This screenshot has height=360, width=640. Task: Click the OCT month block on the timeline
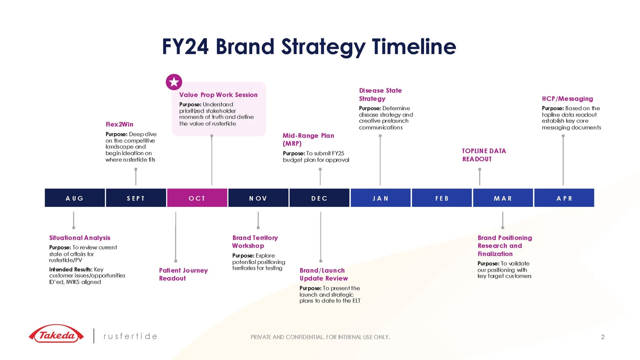(x=197, y=198)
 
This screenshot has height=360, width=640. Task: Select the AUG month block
(x=75, y=198)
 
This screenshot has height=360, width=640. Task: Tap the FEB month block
(x=442, y=198)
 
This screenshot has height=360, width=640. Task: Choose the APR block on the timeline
(x=564, y=198)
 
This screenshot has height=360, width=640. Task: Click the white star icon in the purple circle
(x=174, y=82)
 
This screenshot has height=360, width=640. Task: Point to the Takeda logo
(x=56, y=335)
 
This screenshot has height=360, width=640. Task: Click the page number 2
(x=602, y=337)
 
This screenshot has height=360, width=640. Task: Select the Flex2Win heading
(x=119, y=125)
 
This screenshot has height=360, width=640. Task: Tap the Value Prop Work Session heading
(x=218, y=95)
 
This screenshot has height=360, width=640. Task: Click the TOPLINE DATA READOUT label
(x=484, y=155)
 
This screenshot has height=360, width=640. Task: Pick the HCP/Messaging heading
(x=567, y=99)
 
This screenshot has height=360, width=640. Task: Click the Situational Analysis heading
(x=80, y=238)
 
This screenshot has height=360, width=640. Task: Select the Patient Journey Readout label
(x=183, y=274)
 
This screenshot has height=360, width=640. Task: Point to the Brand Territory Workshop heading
(x=255, y=241)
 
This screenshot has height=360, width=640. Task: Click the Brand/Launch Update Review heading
(x=323, y=274)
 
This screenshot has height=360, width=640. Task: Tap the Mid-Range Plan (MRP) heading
(x=308, y=139)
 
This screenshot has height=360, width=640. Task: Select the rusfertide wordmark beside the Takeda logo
(x=131, y=336)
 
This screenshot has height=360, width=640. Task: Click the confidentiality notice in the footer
(x=320, y=337)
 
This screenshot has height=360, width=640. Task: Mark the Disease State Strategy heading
(x=380, y=94)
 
